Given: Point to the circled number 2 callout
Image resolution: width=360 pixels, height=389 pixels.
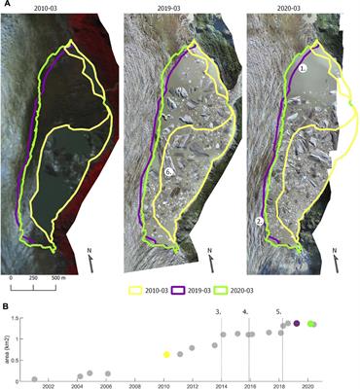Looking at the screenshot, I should pos(260,221).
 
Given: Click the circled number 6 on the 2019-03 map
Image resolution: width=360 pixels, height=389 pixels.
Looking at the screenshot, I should pos(168,172).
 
